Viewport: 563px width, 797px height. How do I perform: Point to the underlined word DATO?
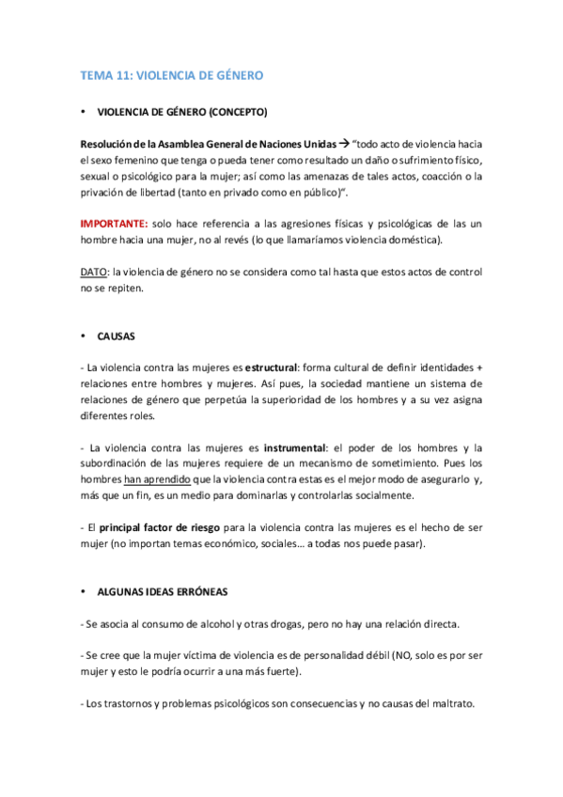(x=93, y=272)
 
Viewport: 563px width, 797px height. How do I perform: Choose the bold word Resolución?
(x=111, y=144)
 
